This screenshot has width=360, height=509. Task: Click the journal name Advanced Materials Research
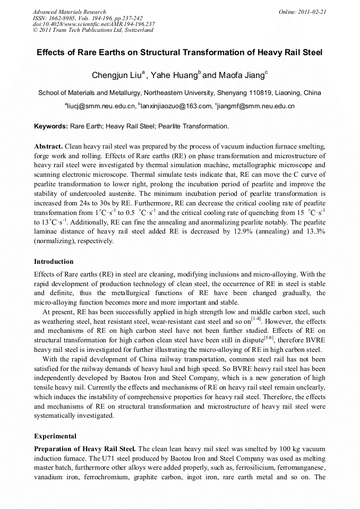(69, 12)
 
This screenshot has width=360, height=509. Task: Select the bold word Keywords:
(51, 126)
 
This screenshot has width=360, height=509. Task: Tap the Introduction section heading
(54, 262)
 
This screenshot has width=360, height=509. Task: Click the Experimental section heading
(55, 436)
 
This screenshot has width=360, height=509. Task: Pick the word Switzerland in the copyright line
(139, 30)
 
